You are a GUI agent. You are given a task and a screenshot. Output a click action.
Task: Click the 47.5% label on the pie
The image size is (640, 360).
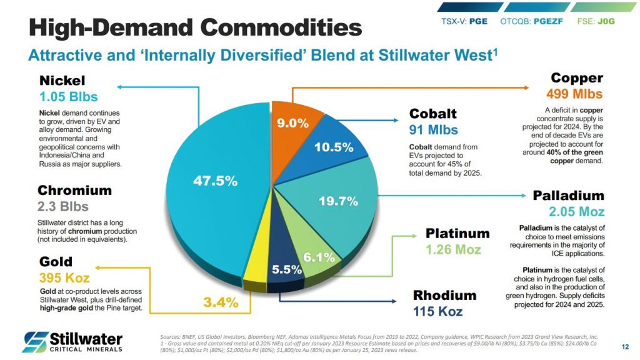click(215, 181)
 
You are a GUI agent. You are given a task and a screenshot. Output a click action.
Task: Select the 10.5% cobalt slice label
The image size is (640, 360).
click(334, 147)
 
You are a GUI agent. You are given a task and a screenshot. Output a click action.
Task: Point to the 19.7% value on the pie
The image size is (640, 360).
click(338, 201)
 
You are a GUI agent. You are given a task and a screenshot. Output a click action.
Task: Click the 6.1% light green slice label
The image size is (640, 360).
click(319, 257)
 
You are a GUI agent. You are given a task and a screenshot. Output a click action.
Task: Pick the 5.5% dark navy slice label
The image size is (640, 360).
click(287, 269)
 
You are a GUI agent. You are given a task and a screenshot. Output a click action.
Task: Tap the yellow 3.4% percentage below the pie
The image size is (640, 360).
click(221, 302)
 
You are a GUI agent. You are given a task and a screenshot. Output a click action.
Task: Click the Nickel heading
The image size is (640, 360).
click(62, 81)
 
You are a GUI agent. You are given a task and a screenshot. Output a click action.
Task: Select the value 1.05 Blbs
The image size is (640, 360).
click(69, 97)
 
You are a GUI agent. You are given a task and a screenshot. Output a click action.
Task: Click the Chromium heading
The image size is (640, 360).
click(75, 190)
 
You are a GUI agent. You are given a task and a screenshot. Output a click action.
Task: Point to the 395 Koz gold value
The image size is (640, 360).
click(64, 278)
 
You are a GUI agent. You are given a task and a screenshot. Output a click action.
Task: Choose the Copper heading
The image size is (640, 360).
click(577, 77)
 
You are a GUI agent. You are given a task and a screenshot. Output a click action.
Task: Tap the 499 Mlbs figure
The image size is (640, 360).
click(574, 94)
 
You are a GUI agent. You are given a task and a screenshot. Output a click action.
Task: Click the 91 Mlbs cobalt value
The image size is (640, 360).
click(434, 130)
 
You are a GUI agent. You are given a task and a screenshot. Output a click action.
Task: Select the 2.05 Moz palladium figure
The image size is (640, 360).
click(576, 211)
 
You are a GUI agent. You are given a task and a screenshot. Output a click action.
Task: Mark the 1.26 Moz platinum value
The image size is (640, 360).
click(453, 249)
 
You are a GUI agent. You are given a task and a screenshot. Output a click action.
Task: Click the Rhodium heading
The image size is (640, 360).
click(444, 295)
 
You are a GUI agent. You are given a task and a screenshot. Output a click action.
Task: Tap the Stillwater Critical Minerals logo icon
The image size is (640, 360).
click(36, 342)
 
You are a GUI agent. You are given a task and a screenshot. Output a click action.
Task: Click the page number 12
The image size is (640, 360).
click(625, 347)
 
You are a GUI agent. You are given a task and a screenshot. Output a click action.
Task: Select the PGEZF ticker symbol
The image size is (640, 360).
click(547, 21)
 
